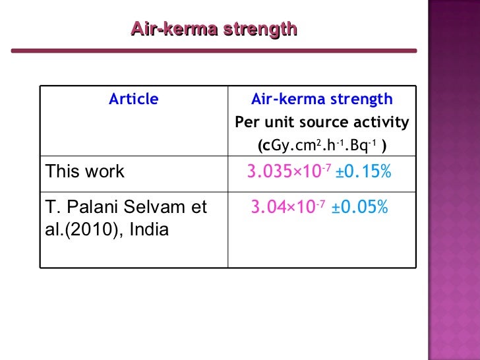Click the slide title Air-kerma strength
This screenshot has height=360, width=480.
[x=214, y=29]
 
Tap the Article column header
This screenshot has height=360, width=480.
[x=134, y=100]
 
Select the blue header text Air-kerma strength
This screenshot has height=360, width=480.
[x=322, y=100]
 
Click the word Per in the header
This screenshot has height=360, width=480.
[x=248, y=123]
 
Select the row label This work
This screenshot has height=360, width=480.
[x=84, y=172]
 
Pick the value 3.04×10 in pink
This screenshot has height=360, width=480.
[x=282, y=209]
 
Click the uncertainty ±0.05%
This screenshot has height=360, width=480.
[x=361, y=208]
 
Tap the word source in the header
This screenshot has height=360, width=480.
[x=320, y=123]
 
